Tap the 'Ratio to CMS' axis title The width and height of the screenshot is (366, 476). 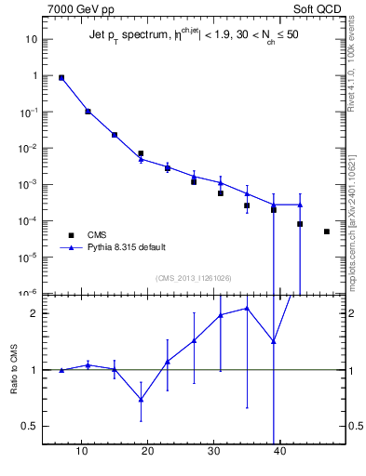tap(15, 370)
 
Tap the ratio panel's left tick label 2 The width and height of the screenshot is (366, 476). tap(33, 313)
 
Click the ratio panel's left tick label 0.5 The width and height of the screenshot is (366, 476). tap(29, 427)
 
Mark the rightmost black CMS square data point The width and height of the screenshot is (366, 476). tap(327, 231)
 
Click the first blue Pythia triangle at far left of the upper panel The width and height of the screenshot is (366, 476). tap(61, 78)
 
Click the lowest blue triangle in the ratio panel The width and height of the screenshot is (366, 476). tap(141, 399)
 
